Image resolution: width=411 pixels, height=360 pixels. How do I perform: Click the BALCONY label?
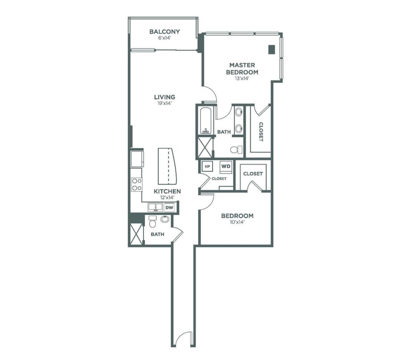click(x=165, y=32)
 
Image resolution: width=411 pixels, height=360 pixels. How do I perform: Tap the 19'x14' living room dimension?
click(x=164, y=103)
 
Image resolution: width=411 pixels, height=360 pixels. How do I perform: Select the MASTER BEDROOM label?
click(x=242, y=68)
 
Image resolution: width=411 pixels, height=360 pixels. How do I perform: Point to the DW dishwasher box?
click(x=170, y=208)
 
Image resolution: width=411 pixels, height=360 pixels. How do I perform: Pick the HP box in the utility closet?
click(x=207, y=166)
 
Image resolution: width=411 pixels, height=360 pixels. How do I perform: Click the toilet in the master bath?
click(x=237, y=150)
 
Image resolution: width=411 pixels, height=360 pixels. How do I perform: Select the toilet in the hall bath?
click(x=152, y=222)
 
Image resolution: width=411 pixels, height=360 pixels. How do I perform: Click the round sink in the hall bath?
click(x=165, y=219)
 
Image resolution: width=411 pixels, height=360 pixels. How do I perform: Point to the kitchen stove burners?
click(x=137, y=184)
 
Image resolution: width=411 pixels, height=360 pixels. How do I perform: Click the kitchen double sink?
click(x=155, y=207)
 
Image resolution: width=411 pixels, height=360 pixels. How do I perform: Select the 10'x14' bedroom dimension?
click(x=237, y=222)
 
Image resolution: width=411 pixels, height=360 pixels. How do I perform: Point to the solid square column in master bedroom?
click(x=272, y=49)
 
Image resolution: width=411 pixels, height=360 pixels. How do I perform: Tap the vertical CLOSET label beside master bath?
click(x=261, y=132)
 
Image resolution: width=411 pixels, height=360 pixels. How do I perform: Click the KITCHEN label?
click(x=167, y=191)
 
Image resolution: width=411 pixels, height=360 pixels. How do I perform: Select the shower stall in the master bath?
click(x=205, y=148)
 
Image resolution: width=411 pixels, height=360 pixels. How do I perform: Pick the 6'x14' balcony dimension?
click(x=165, y=38)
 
